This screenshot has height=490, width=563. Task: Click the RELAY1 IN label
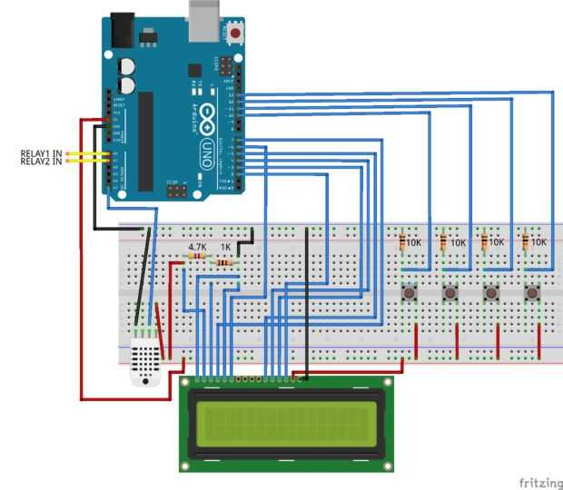click(x=42, y=154)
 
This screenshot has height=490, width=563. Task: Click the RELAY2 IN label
click(x=42, y=162)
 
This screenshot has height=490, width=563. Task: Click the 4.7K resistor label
click(x=196, y=246)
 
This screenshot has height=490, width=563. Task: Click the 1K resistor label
click(x=225, y=246)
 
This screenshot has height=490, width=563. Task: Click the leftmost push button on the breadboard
click(x=410, y=293)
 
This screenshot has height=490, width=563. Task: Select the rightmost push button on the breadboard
click(x=531, y=293)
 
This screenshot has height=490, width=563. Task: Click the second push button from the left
click(x=449, y=293)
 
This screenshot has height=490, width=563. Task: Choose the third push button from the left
click(x=490, y=293)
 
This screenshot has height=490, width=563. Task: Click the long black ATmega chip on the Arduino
click(x=145, y=141)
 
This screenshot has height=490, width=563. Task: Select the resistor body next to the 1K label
click(x=224, y=263)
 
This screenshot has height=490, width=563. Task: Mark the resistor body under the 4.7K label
click(x=196, y=258)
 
